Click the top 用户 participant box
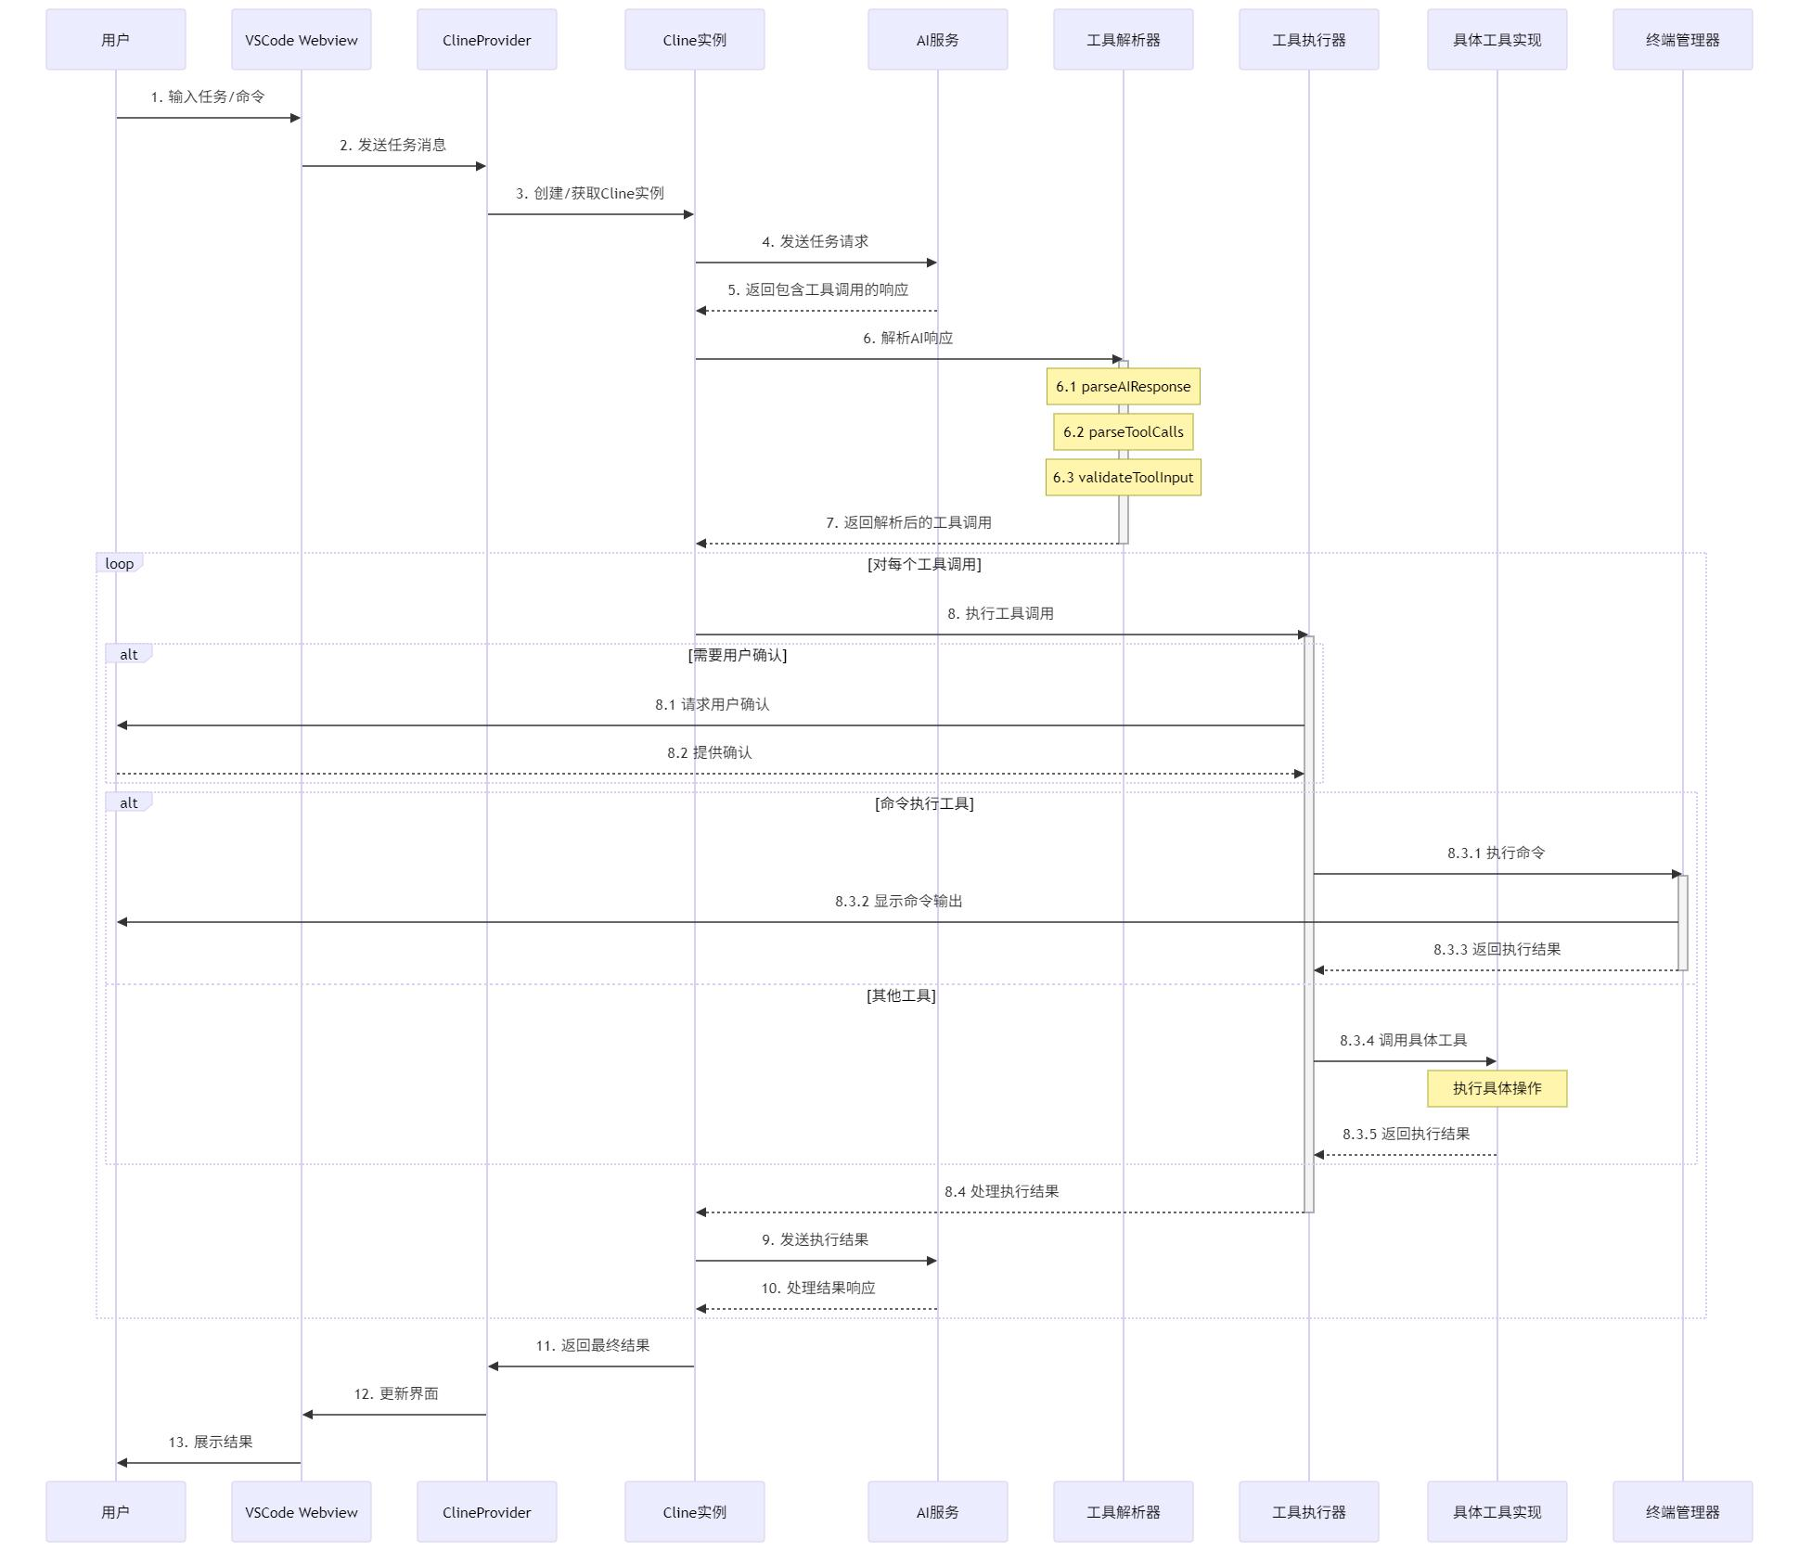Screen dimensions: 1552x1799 click(115, 40)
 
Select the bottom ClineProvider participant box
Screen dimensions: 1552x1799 click(486, 1512)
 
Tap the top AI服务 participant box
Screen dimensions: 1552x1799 click(937, 40)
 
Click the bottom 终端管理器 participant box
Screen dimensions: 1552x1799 click(1682, 1512)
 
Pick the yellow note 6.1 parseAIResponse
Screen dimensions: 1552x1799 click(1123, 387)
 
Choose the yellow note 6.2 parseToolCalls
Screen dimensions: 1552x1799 click(1123, 432)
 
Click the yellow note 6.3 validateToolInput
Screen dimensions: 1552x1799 click(1123, 478)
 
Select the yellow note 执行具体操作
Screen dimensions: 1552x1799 click(1497, 1089)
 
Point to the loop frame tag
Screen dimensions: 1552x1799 click(119, 564)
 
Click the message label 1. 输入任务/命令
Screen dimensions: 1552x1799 click(208, 96)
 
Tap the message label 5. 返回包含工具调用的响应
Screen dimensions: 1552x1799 click(817, 289)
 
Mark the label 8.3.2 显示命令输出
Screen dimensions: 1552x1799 click(898, 901)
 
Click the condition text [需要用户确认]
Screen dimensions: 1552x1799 click(738, 655)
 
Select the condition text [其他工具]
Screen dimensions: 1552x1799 click(901, 995)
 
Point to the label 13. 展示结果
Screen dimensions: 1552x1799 click(211, 1442)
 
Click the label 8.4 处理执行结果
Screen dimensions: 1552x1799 click(1001, 1191)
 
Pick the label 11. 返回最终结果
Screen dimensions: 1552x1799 click(592, 1345)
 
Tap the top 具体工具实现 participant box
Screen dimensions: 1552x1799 click(1497, 40)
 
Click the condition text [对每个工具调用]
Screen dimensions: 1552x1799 click(924, 564)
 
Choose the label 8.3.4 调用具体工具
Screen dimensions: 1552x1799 click(1403, 1040)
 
